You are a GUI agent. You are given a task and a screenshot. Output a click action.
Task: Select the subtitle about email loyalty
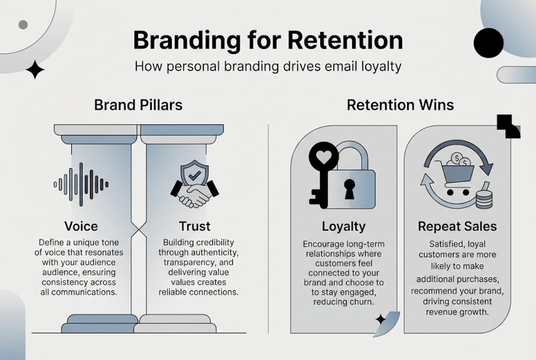pos(268,66)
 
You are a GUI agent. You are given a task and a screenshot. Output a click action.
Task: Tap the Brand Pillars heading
pos(138,105)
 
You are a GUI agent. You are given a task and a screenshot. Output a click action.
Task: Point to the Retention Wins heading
pos(400,105)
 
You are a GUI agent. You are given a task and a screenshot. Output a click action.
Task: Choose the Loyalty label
pos(343,226)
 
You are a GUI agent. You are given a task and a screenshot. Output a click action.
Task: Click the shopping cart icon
pos(455,175)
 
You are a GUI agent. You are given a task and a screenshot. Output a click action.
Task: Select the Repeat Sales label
pos(457,226)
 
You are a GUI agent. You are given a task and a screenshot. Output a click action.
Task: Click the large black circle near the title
pos(488,42)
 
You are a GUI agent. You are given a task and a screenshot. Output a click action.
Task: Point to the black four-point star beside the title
pos(35,69)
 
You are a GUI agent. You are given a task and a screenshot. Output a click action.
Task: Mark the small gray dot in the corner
pos(22,24)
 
